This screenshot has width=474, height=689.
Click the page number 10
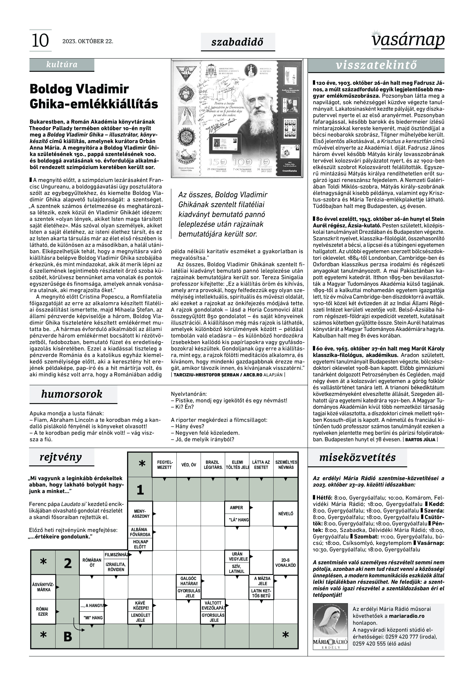click(40, 41)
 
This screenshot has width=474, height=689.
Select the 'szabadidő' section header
click(237, 42)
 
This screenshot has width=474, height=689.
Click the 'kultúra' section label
click(62, 65)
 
